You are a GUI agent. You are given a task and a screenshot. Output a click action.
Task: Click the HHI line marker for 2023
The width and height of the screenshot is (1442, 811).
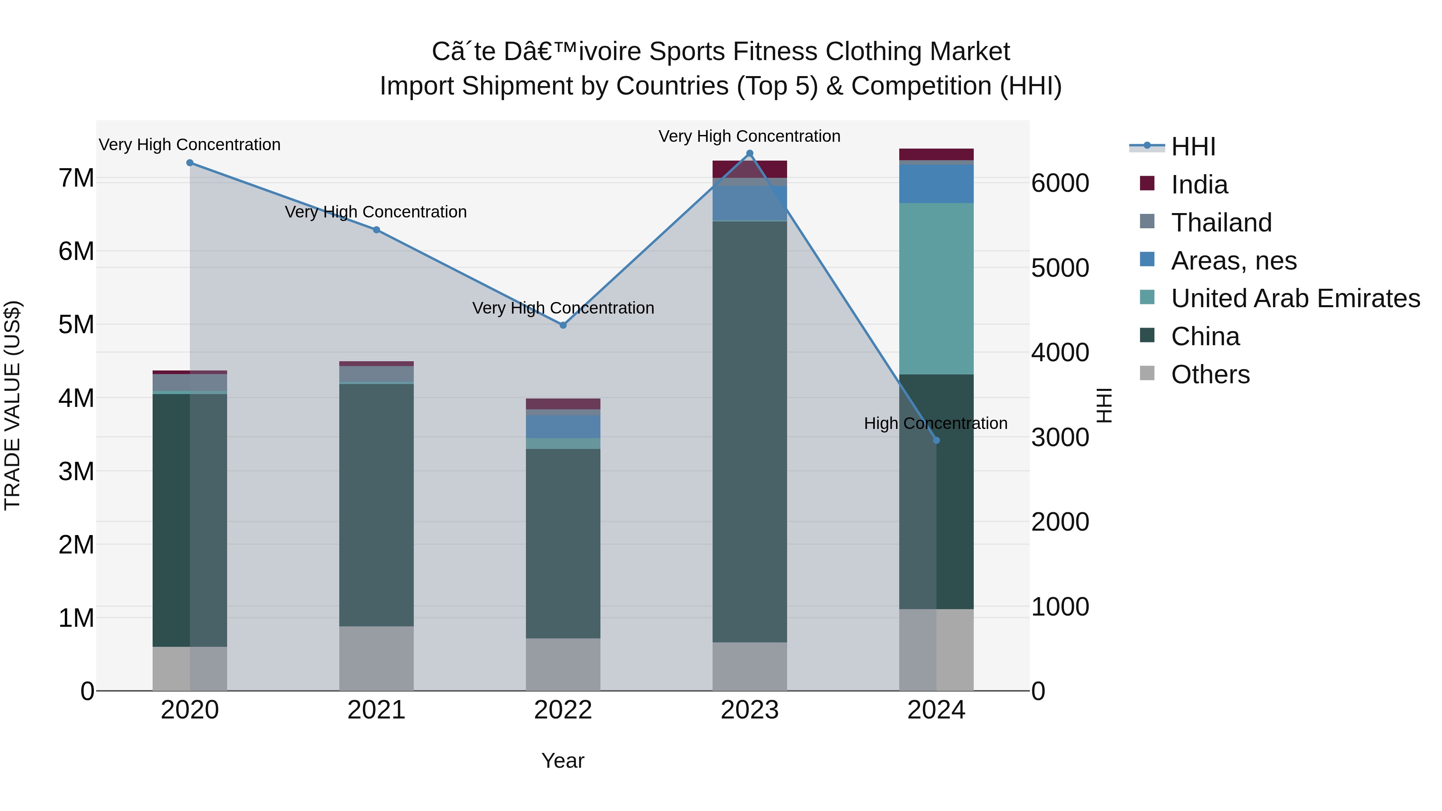[749, 153]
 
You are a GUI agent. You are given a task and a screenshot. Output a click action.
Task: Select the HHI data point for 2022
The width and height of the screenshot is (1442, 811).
[563, 325]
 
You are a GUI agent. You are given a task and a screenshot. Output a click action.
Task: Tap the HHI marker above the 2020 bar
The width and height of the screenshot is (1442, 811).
[190, 163]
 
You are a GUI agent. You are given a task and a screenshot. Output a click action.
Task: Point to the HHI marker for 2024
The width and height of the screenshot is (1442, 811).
[936, 441]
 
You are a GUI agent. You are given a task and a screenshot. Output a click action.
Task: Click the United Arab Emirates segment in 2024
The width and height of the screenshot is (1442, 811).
[936, 288]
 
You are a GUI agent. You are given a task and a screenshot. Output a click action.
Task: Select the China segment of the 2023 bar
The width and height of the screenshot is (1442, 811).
[749, 431]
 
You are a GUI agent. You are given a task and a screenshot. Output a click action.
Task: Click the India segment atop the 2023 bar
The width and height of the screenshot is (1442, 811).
[749, 169]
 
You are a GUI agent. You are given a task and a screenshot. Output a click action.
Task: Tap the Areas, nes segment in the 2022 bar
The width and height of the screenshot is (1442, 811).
[563, 427]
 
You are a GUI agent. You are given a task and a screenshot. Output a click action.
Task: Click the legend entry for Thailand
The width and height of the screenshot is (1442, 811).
[1221, 223]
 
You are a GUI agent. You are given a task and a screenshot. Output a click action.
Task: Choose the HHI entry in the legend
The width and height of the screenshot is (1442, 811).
[1192, 147]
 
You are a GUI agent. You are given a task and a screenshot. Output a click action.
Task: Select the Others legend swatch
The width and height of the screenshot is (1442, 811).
[1147, 373]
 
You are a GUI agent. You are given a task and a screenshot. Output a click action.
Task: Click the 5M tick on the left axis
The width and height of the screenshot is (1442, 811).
[76, 325]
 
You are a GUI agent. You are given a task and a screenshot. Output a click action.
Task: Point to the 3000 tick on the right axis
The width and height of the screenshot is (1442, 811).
[1059, 438]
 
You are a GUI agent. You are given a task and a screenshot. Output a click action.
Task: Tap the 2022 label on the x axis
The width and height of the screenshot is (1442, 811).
[563, 710]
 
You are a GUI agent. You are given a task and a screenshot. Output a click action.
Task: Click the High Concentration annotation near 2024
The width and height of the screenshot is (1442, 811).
[935, 423]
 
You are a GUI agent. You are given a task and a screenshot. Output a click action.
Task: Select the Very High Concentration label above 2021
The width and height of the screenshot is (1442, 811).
[376, 212]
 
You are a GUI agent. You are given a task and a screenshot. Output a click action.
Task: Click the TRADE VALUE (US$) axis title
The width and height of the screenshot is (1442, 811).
[13, 405]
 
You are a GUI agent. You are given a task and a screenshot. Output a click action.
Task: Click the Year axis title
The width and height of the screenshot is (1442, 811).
[563, 761]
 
